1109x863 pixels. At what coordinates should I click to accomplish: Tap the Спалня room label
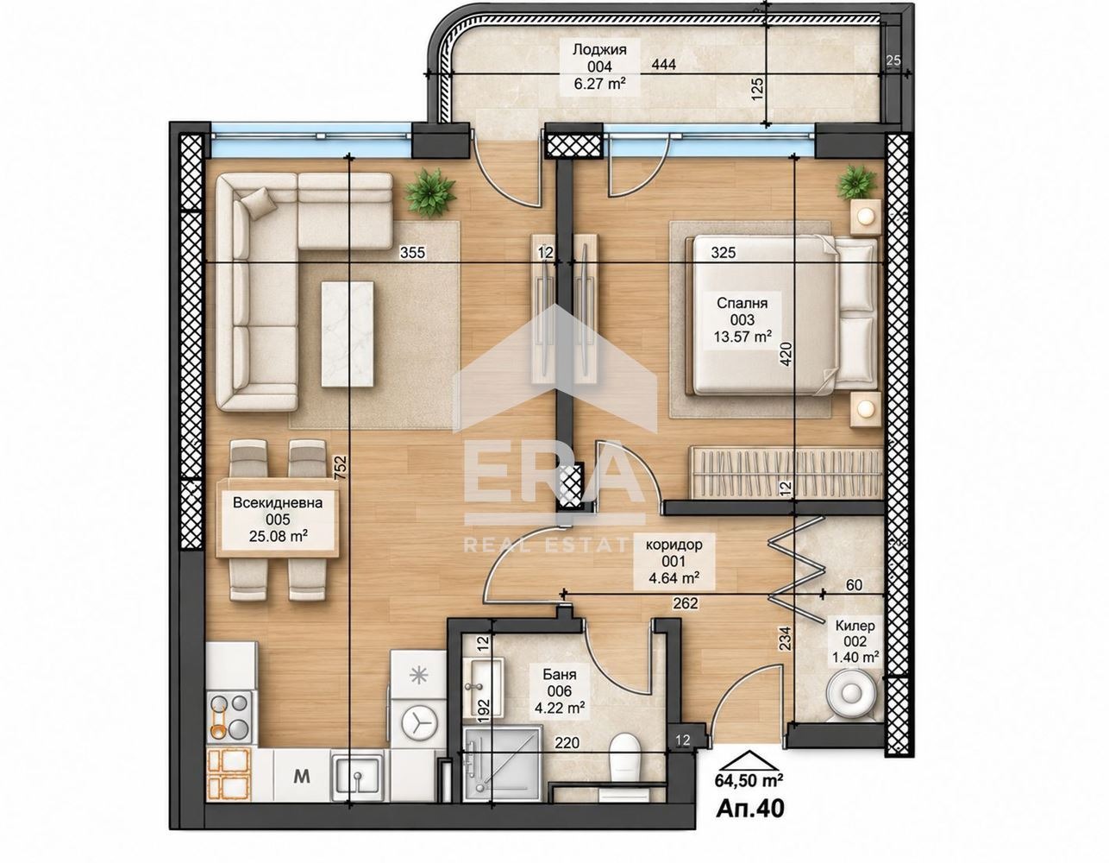pyautogui.click(x=742, y=303)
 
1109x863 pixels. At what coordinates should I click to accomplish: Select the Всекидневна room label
pyautogui.click(x=279, y=502)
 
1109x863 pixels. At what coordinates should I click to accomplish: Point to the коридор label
pyautogui.click(x=674, y=545)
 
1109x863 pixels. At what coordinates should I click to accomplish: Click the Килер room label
pyautogui.click(x=855, y=626)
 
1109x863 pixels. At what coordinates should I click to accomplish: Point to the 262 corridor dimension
pyautogui.click(x=685, y=603)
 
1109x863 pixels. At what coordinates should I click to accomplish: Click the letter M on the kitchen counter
pyautogui.click(x=304, y=777)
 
